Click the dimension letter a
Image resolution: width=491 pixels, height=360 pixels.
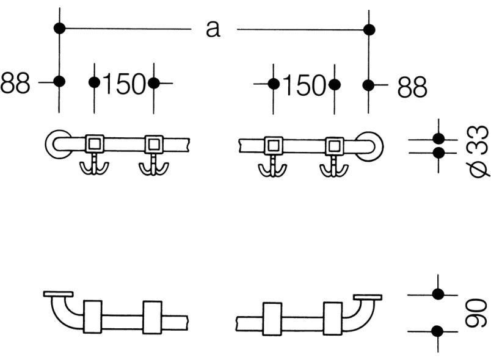point(213,29)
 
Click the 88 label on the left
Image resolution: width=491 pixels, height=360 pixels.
point(15,83)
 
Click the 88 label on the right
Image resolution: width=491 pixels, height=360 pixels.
point(412,87)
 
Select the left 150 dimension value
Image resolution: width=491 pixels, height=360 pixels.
point(125,84)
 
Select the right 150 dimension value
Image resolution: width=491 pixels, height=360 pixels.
point(304,85)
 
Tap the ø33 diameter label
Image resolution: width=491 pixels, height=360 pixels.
point(479,151)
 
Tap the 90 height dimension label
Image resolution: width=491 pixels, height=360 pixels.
point(476,314)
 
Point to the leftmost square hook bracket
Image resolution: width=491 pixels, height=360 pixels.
point(95,144)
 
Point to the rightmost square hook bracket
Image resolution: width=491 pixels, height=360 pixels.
point(335,146)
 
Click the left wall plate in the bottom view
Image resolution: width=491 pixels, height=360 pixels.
point(58,294)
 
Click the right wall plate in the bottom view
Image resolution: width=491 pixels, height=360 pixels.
point(368,297)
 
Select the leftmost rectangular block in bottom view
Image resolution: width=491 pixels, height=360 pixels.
point(93,317)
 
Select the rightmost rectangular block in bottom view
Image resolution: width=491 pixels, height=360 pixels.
point(333,319)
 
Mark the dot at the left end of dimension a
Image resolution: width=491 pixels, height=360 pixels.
point(59,28)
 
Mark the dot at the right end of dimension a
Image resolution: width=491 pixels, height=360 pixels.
point(369,30)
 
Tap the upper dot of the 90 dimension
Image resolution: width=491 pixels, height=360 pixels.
point(438,294)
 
